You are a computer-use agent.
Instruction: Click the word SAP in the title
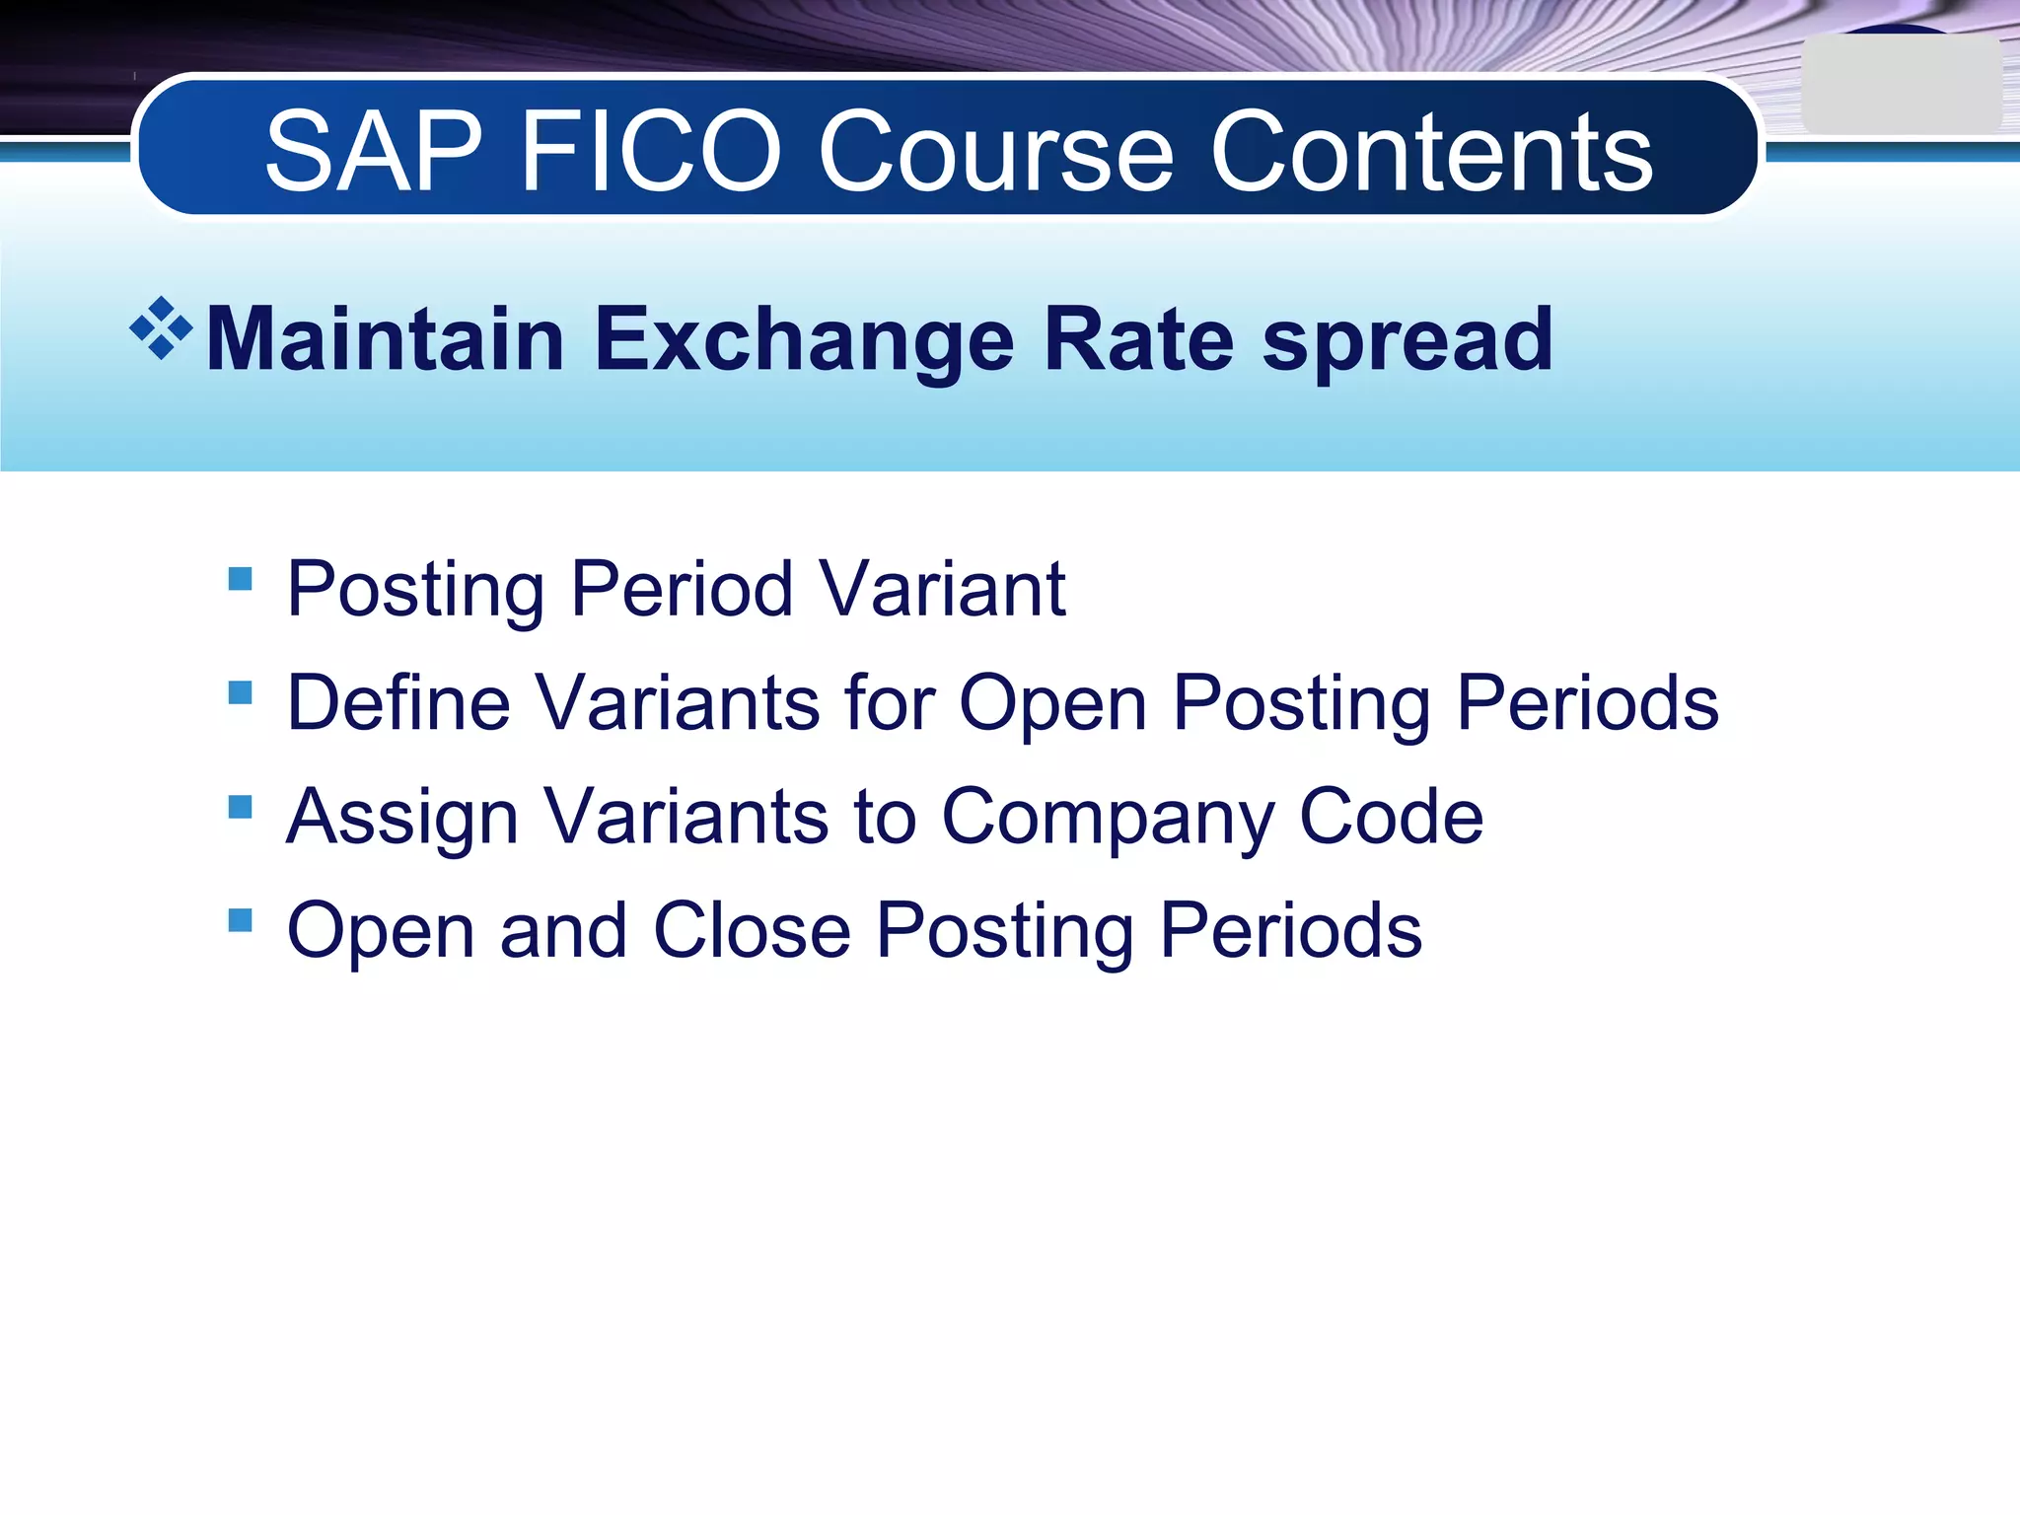pos(374,152)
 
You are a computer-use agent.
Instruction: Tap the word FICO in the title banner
pos(651,152)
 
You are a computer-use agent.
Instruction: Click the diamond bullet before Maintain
pos(161,328)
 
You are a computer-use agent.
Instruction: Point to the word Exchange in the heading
pos(804,339)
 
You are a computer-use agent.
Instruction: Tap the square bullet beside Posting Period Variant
pos(240,578)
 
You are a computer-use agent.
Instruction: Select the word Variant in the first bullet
pos(942,589)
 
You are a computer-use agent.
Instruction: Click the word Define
pos(398,702)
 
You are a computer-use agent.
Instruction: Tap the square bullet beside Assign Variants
pos(240,807)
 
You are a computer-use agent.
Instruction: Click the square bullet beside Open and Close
pos(240,920)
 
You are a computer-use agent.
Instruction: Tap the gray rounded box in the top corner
pos(1900,84)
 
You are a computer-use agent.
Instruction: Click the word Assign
pos(401,819)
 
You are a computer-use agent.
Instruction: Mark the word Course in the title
pos(995,152)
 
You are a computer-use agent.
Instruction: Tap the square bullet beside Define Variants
pos(240,692)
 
